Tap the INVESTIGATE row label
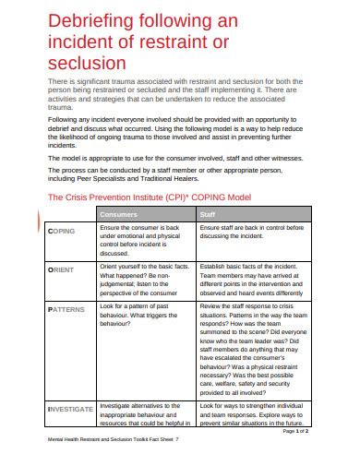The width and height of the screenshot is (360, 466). point(69,408)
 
